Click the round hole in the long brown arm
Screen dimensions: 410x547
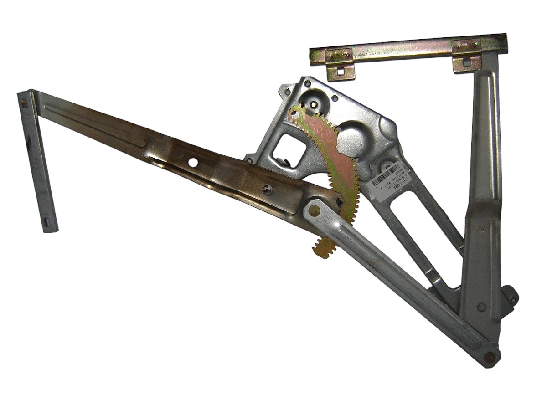click(x=193, y=162)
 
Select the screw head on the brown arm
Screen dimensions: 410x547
click(x=267, y=190)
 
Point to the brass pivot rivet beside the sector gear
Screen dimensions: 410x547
click(x=314, y=210)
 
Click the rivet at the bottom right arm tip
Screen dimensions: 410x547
click(x=490, y=357)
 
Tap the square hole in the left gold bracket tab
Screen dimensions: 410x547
click(x=340, y=71)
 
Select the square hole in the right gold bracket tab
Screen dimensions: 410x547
click(x=467, y=61)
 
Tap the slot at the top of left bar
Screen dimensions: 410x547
click(x=24, y=103)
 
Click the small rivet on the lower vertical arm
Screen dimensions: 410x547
click(x=480, y=307)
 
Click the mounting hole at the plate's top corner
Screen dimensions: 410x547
click(x=308, y=83)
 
